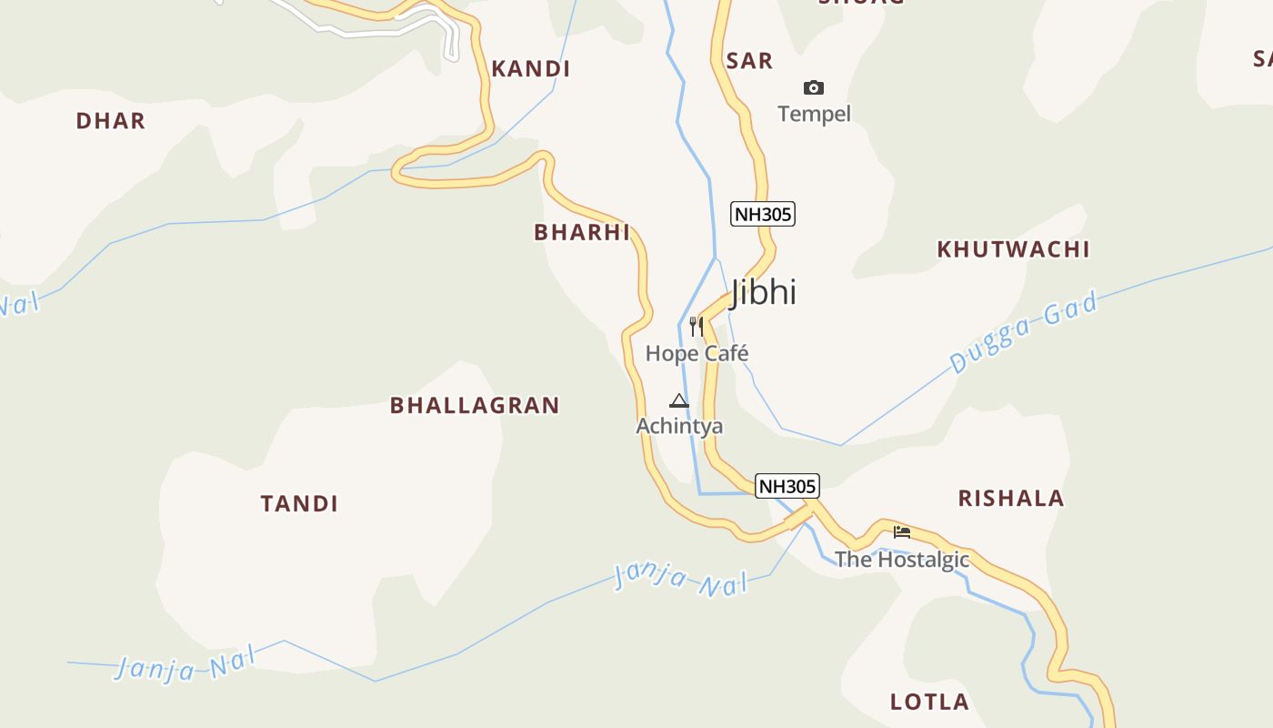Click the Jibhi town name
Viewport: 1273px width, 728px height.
[x=764, y=292]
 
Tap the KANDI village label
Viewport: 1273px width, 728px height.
[x=531, y=69]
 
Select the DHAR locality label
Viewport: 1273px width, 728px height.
[x=111, y=121]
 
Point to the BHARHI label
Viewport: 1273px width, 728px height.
[x=582, y=232]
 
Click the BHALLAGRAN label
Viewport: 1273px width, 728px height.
[x=475, y=406]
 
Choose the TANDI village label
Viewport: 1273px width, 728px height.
[x=299, y=504]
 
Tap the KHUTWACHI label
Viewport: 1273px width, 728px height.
[x=1013, y=249]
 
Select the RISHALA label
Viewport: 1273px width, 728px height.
[x=1011, y=499]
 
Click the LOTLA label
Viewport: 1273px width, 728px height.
[x=929, y=703]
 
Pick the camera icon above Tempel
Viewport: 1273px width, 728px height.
[x=814, y=88]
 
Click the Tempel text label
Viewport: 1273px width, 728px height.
[x=814, y=114]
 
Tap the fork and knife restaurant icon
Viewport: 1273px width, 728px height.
[x=697, y=327]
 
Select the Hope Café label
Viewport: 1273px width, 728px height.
[x=697, y=353]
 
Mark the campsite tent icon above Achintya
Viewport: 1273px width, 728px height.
[x=679, y=400]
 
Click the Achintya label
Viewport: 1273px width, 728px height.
[x=679, y=426]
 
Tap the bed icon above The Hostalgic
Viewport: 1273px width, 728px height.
[x=902, y=532]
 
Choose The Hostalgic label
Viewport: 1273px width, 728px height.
[x=902, y=560]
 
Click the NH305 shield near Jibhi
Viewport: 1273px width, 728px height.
[x=763, y=215]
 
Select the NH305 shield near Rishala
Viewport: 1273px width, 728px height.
[x=787, y=486]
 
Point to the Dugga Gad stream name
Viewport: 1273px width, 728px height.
[x=1024, y=332]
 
